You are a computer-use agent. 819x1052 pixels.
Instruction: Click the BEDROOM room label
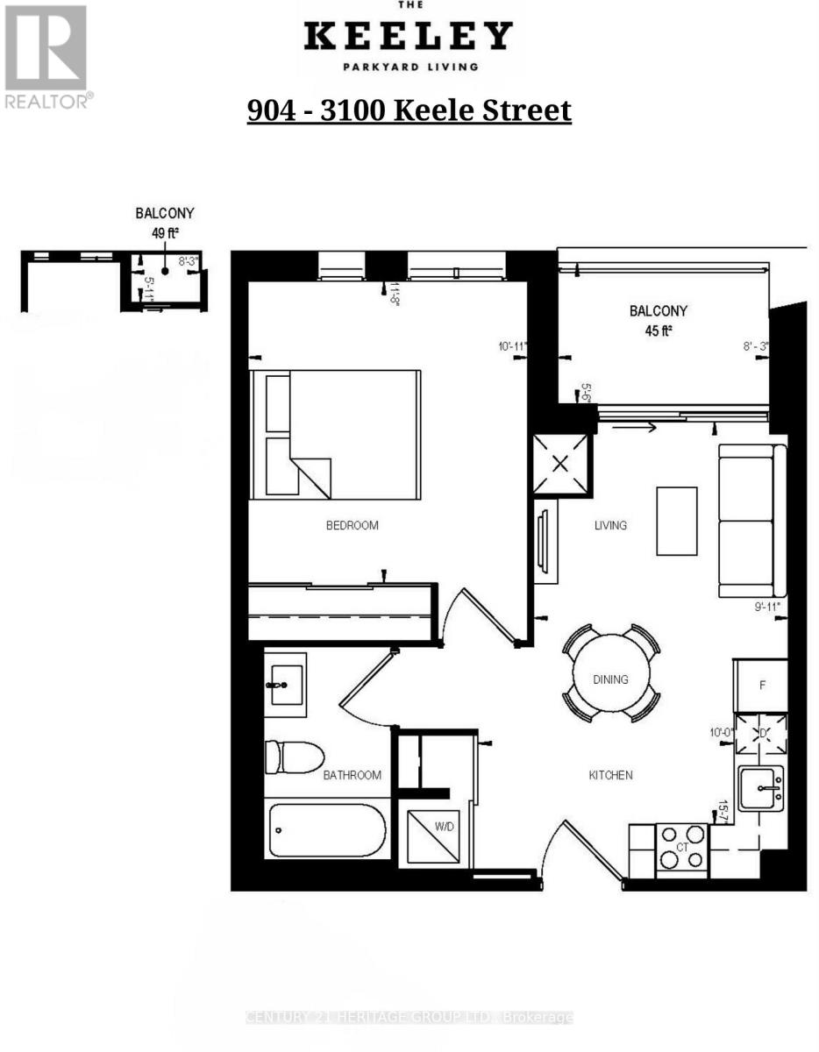point(352,526)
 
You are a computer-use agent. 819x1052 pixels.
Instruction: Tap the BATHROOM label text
point(352,775)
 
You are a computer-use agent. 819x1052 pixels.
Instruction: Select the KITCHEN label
point(610,775)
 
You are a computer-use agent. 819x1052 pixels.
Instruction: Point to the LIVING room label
point(610,526)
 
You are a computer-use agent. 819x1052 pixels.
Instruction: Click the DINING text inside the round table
point(610,679)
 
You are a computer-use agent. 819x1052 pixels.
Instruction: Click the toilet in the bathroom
point(293,757)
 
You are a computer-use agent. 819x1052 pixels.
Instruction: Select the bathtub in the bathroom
point(326,830)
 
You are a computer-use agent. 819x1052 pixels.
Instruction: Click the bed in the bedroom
point(334,435)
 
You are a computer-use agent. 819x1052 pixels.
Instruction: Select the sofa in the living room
point(751,521)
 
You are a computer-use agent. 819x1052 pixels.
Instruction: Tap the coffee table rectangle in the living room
point(677,521)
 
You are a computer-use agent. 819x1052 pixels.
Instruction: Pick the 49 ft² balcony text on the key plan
point(164,233)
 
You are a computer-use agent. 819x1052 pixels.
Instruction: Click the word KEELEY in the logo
point(408,37)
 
